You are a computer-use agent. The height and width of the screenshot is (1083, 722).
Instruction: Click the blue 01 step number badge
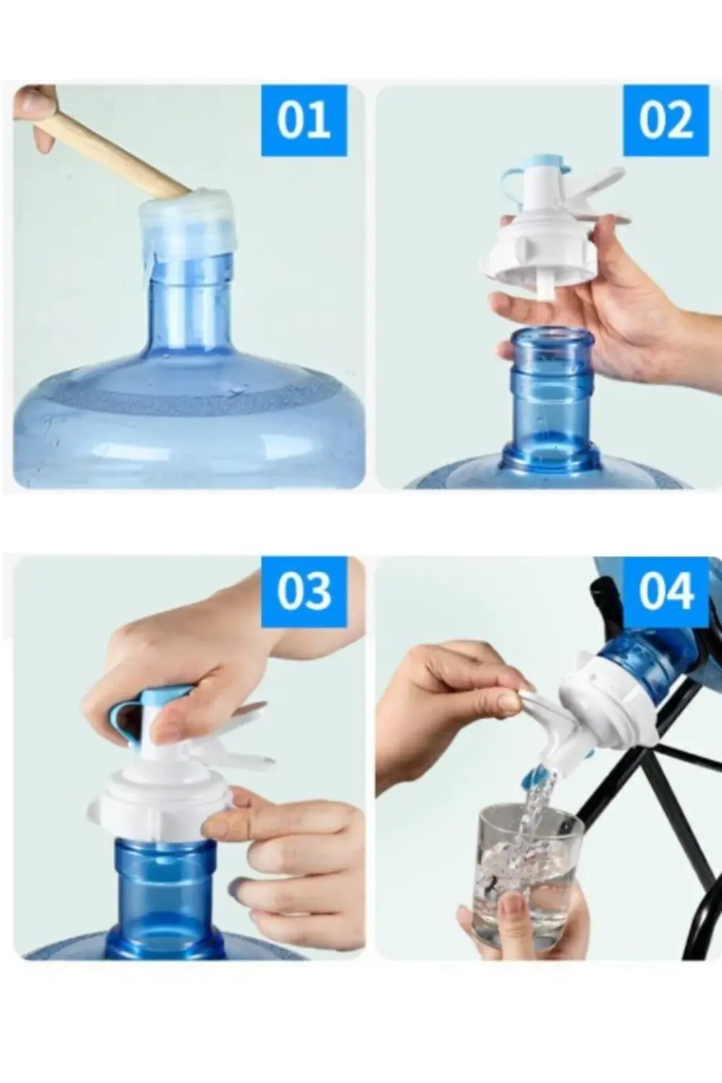pos(304,121)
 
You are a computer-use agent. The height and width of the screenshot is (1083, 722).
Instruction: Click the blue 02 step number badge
pos(666,121)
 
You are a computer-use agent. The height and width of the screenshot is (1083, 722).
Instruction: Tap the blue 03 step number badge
pos(304,591)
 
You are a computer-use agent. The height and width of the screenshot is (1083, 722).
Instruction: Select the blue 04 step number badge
pos(666,591)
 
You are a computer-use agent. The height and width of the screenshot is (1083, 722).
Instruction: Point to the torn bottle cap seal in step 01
pos(188,228)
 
